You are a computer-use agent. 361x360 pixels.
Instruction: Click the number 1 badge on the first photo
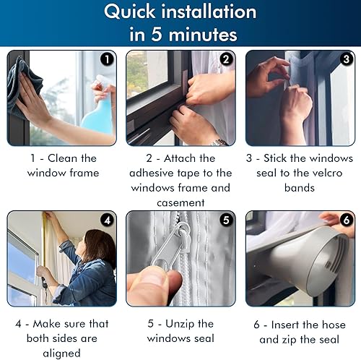pos(107,59)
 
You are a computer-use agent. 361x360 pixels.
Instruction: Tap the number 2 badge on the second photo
pos(226,59)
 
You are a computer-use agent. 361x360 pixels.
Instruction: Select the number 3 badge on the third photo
pos(346,59)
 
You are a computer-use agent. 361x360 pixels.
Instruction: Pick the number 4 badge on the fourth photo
pos(107,220)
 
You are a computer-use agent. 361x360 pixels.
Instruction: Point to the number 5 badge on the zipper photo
pos(226,220)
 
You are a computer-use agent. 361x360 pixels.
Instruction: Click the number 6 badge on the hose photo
pos(346,220)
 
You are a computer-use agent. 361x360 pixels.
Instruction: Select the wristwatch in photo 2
pos(219,142)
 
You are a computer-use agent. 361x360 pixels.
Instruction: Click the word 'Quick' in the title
pos(130,12)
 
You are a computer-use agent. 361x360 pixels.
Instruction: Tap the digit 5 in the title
pos(157,34)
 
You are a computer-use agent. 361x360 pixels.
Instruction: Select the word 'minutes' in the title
pos(203,35)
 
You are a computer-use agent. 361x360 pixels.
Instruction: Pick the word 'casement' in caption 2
pos(180,203)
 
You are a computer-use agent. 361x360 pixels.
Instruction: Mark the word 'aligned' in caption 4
pos(61,353)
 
